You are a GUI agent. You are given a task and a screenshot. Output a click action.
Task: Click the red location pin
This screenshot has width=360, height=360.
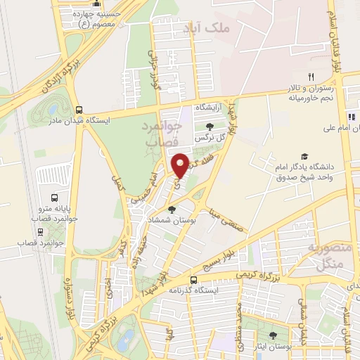(x=180, y=165)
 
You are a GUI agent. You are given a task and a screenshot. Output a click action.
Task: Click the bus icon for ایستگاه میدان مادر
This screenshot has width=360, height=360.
(x=79, y=110)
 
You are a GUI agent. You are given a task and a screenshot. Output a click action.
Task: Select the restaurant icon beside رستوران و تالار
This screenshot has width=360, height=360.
(x=310, y=77)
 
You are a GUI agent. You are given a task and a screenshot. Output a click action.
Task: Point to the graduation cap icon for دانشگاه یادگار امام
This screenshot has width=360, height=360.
(x=304, y=156)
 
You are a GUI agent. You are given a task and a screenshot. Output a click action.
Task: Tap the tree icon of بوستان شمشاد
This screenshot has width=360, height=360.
(x=172, y=210)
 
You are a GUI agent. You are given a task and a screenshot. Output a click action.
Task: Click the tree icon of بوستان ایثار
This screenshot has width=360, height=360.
(x=273, y=336)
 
